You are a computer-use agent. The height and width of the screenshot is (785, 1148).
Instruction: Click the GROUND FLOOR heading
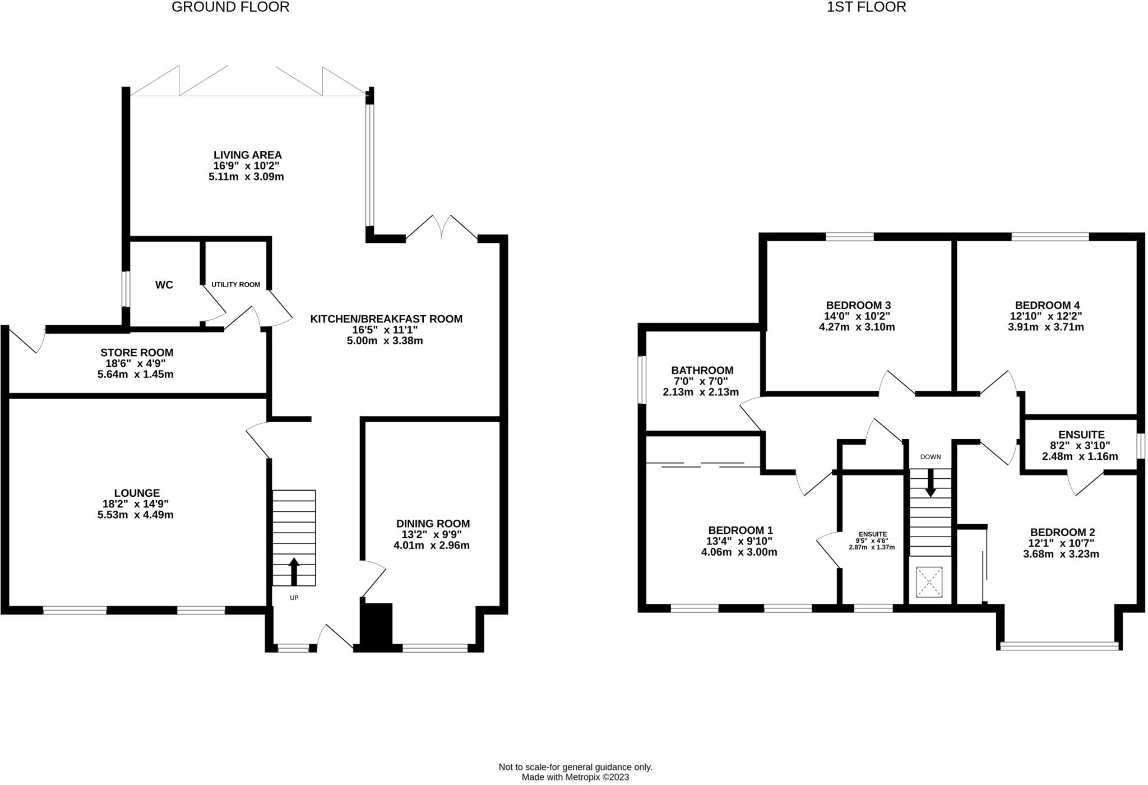pos(230,7)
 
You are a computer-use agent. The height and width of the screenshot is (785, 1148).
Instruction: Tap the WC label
pos(164,285)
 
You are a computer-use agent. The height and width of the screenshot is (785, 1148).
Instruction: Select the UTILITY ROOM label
pos(235,285)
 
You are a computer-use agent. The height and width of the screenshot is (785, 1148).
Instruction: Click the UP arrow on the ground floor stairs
pos(293,571)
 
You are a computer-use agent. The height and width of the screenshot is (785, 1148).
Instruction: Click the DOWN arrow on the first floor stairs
pos(930,483)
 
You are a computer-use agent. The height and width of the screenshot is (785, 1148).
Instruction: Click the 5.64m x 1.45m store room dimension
pos(136,374)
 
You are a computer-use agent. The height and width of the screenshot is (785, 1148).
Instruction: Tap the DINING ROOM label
pos(432,523)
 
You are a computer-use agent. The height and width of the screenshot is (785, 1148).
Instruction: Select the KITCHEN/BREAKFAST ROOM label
pos(386,319)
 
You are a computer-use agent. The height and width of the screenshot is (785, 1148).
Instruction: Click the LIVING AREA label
pos(247,155)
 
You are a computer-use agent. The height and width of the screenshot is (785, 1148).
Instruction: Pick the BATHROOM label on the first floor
pos(702,370)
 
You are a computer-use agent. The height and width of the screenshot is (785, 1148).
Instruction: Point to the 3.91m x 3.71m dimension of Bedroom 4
pos(1045,327)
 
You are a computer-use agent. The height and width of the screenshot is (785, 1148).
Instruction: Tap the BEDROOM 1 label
pos(740,530)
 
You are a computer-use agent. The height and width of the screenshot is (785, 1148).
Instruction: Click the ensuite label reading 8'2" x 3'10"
pos(1081,446)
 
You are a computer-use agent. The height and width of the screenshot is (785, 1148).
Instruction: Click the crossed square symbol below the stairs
pos(929,582)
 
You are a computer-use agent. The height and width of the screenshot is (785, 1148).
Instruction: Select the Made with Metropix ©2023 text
pos(575,777)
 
